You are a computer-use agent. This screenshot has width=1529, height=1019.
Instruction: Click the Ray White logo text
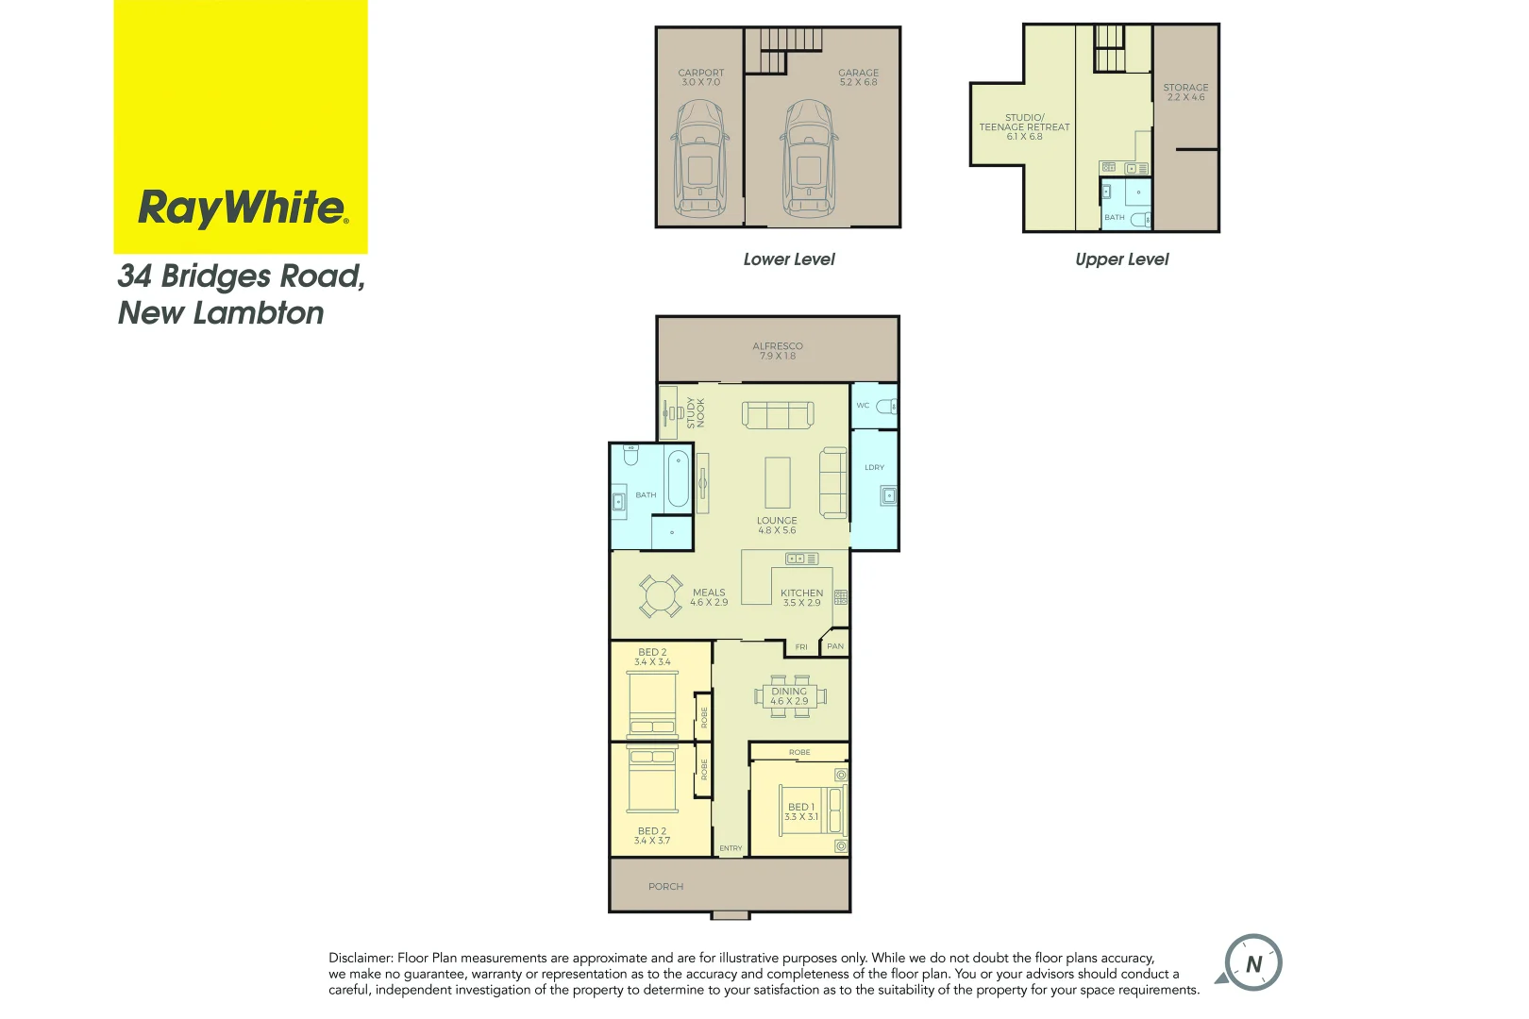coord(243,207)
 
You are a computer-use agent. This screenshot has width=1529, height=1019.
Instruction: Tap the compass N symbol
coord(1252,963)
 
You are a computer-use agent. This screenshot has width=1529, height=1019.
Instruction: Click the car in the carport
coord(700,160)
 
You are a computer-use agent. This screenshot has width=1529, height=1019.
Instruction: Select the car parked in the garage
coord(809,160)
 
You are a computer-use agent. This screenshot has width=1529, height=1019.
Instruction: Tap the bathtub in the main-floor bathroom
coord(678,478)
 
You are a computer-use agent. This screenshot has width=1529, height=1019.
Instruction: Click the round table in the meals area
coord(660,596)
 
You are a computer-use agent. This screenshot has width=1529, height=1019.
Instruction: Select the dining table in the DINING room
coord(789,696)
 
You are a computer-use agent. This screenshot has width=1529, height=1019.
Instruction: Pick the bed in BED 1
coord(813,810)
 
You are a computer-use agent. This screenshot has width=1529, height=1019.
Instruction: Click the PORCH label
coord(665,887)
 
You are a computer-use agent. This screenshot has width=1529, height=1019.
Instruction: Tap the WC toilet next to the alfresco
coord(886,407)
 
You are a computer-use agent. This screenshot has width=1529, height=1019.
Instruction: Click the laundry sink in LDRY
coord(887,494)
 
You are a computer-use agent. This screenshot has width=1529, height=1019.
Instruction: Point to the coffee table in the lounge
coord(778,482)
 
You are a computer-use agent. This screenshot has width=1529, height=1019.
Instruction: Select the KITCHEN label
coord(801,593)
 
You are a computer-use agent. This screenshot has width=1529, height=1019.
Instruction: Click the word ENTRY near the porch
coord(731,848)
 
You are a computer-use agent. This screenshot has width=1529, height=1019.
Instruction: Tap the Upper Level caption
coord(1121,259)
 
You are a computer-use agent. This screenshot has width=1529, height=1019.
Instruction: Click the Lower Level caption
coord(789,259)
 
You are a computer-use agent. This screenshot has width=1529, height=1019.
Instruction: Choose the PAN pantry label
coord(835,646)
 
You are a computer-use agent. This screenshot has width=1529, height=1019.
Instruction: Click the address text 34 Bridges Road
coord(241,276)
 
